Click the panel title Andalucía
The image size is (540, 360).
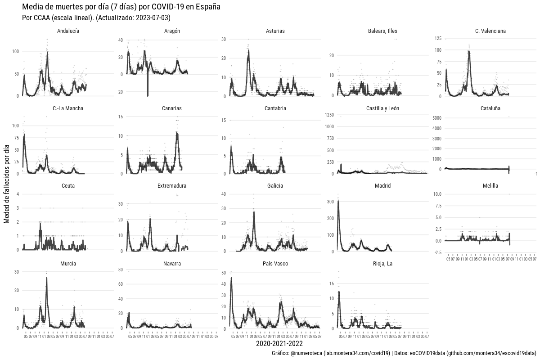click(68, 31)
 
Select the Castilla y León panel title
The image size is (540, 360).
click(382, 108)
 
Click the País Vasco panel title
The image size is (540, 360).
click(275, 263)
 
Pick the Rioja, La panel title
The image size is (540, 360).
click(382, 263)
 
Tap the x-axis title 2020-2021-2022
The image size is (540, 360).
click(275, 344)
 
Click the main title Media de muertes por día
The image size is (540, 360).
click(121, 7)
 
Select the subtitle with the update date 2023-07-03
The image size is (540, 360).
click(96, 18)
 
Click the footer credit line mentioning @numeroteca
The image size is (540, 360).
click(404, 353)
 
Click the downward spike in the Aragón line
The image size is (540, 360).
click(148, 95)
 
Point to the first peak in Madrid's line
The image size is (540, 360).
click(338, 201)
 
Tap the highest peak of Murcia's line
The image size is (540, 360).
click(46, 278)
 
